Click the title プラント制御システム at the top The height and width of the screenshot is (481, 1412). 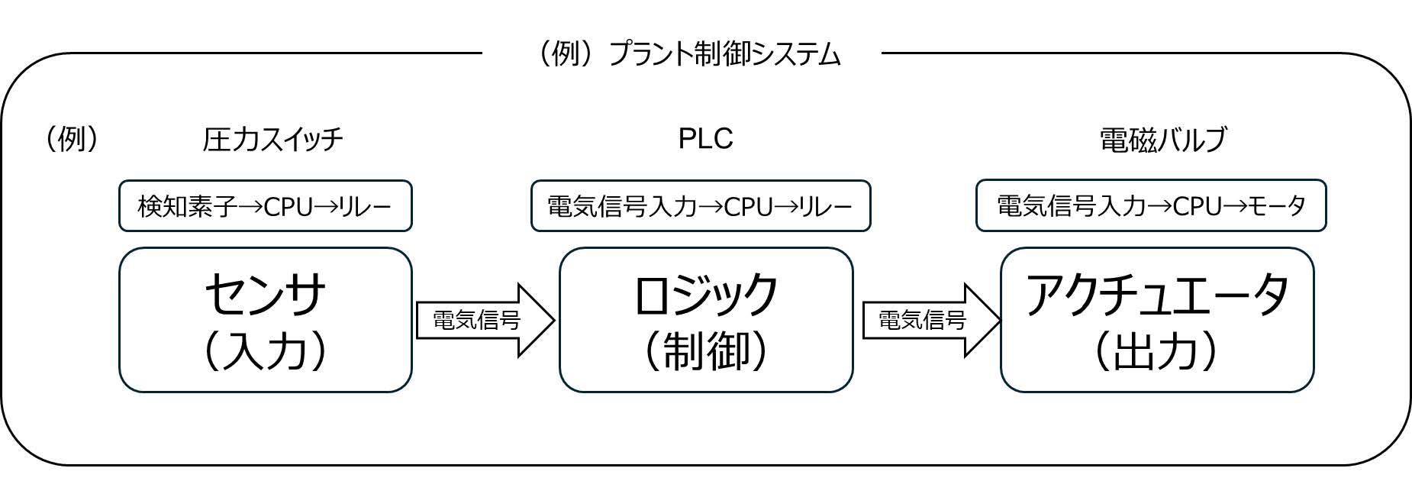click(x=724, y=54)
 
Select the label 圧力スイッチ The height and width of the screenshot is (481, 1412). click(x=272, y=139)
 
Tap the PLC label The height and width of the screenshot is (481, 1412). click(x=705, y=138)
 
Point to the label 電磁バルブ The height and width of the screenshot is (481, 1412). click(x=1162, y=140)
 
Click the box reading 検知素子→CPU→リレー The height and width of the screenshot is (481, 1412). click(x=265, y=206)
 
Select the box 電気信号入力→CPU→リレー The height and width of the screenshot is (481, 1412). click(x=700, y=206)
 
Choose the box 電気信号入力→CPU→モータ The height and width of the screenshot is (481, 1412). click(x=1151, y=206)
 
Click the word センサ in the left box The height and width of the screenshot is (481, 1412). click(x=265, y=295)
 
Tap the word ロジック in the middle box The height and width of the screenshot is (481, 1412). click(x=705, y=295)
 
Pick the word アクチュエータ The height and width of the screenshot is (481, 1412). click(x=1156, y=295)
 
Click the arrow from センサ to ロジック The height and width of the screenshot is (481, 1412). click(x=484, y=320)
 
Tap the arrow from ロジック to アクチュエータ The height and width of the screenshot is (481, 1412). click(x=930, y=320)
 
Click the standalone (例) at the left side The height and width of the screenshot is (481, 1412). click(x=72, y=139)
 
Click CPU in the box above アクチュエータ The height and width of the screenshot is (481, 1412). click(x=1198, y=206)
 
